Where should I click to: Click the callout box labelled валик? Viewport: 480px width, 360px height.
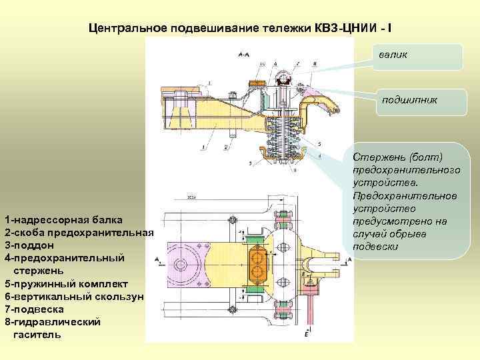tap(421, 57)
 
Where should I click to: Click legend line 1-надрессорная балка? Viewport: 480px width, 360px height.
tap(63, 219)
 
